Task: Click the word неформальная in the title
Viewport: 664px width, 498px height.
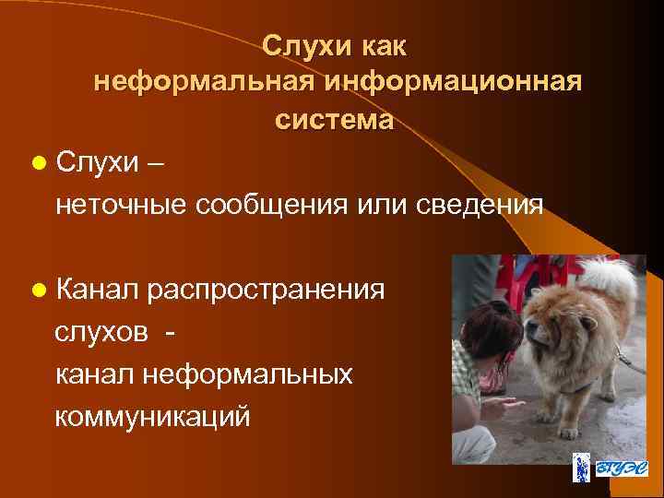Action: point(206,82)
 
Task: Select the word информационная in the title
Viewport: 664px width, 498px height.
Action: point(454,82)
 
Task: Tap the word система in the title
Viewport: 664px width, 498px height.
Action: point(333,120)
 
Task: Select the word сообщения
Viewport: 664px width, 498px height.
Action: point(269,203)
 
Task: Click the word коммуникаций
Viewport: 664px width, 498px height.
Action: point(152,416)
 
